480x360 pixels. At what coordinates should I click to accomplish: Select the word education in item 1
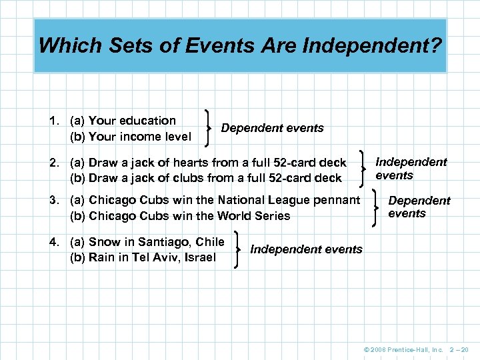[x=147, y=121]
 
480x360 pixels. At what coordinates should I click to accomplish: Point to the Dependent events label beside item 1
[x=272, y=127]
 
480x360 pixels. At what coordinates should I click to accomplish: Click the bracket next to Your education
[x=210, y=128]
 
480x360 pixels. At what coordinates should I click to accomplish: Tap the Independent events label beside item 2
[x=411, y=169]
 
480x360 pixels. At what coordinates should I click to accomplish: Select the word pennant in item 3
[x=338, y=200]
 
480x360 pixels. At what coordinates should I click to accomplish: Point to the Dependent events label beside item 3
[x=419, y=207]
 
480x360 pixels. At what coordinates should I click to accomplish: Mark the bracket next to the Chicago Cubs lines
[x=375, y=207]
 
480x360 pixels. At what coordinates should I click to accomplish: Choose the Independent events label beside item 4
[x=306, y=249]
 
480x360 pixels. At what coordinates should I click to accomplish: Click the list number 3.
[x=53, y=200]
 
